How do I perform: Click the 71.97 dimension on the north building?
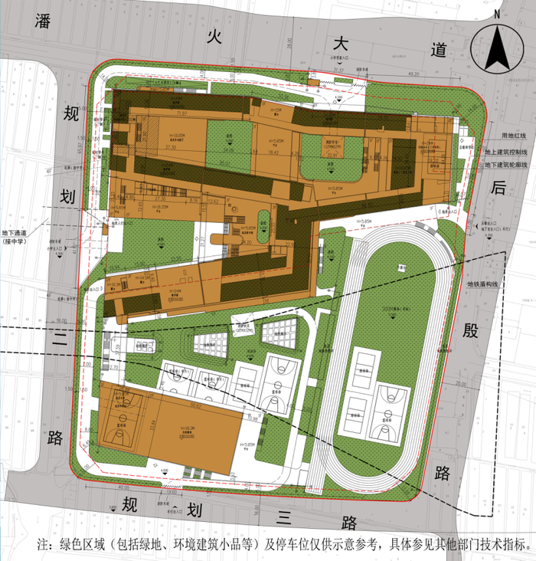(181, 113)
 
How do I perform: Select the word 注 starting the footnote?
(44, 545)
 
